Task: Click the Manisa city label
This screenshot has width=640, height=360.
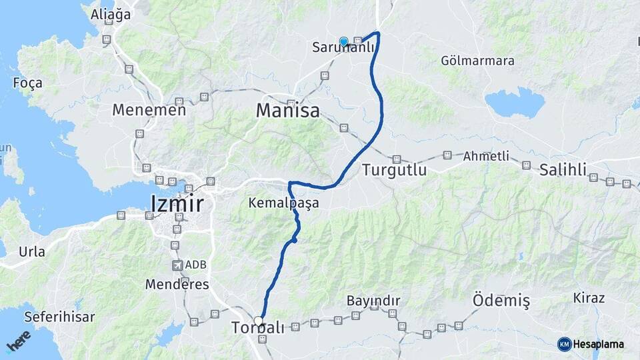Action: click(x=288, y=110)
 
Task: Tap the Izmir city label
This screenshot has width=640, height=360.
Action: click(x=177, y=203)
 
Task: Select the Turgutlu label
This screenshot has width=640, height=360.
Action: click(x=394, y=170)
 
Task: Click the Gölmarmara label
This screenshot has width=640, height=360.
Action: click(x=477, y=61)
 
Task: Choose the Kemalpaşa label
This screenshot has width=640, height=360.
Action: click(x=283, y=202)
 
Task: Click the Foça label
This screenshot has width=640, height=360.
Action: click(x=27, y=83)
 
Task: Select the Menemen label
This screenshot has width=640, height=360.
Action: click(x=149, y=110)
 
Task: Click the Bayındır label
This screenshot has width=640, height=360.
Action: click(x=373, y=301)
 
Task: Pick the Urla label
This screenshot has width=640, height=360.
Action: click(x=32, y=251)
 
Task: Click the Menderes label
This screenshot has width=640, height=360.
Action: click(x=177, y=284)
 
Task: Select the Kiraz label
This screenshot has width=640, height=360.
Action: click(x=589, y=298)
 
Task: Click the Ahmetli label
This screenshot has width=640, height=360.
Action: click(x=486, y=156)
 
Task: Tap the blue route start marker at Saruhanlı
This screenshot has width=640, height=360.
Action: click(x=343, y=41)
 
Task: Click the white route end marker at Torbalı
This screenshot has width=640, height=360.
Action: click(x=259, y=321)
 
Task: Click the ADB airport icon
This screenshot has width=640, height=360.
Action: click(x=177, y=265)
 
